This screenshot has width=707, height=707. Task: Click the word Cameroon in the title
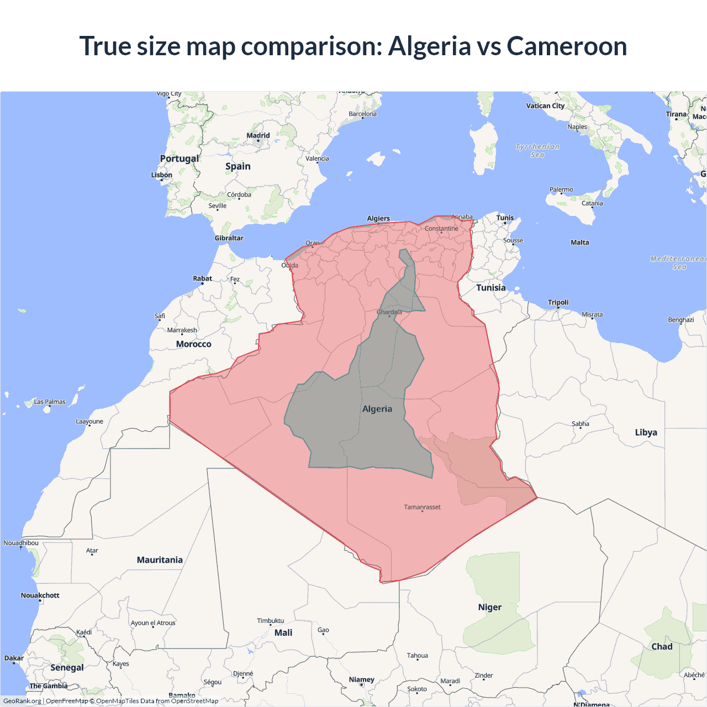click(x=567, y=46)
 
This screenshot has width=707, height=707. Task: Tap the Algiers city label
click(x=378, y=218)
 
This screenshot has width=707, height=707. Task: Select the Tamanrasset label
click(x=422, y=507)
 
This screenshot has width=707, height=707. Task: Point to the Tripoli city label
click(x=558, y=302)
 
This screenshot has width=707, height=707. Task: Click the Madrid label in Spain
click(x=258, y=135)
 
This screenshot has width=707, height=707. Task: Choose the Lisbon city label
click(x=162, y=175)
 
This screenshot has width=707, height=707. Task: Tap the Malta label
click(x=580, y=242)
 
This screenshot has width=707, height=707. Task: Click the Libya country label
click(x=646, y=432)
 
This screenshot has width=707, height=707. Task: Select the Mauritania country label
click(x=160, y=560)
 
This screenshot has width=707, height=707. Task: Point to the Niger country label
click(x=490, y=607)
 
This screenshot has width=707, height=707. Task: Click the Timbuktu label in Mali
click(x=270, y=621)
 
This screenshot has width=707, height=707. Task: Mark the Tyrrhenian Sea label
click(x=537, y=151)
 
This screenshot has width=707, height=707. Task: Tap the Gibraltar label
click(x=229, y=238)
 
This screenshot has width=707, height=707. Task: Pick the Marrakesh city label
click(x=182, y=330)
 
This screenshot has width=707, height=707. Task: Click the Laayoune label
click(x=89, y=421)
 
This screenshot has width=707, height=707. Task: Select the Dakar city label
click(x=14, y=658)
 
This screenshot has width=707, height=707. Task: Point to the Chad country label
click(x=662, y=647)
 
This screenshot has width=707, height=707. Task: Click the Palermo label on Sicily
click(x=561, y=189)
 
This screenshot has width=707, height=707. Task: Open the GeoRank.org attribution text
click(x=22, y=701)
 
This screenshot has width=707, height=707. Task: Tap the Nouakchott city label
click(x=40, y=595)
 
